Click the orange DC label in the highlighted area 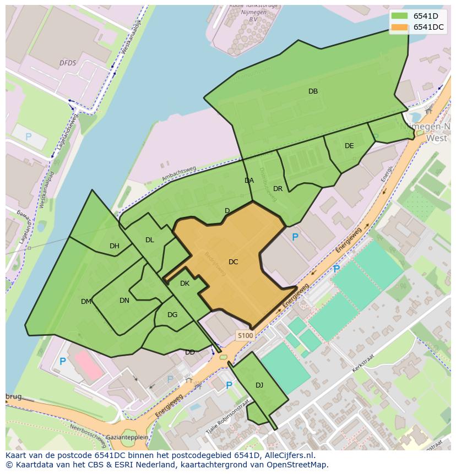point(233,262)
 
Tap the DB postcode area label point(313,91)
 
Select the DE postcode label point(349,146)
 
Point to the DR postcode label point(278,189)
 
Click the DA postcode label point(249,181)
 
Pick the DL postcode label point(150,240)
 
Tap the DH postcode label point(115,246)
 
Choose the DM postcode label point(86,302)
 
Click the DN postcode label point(124,301)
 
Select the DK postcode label point(184,284)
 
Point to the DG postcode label point(172,315)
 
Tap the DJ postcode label point(259,385)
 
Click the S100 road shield point(245,335)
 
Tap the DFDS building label point(68,63)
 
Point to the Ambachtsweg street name point(179,173)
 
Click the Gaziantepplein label point(128,437)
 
